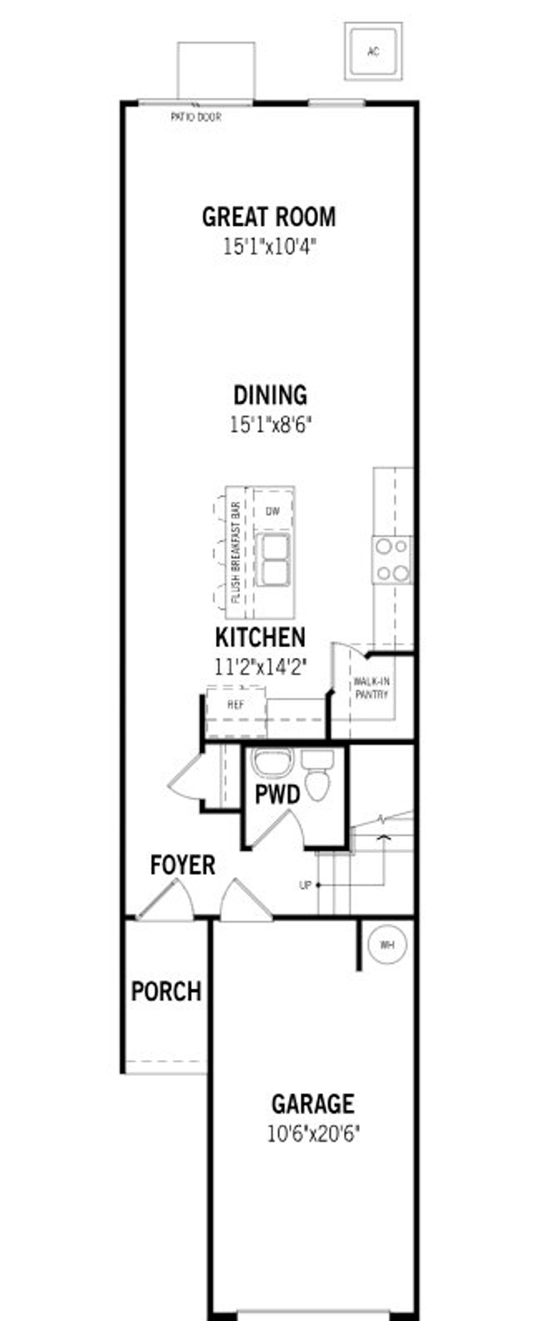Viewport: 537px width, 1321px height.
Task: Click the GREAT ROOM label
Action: click(269, 217)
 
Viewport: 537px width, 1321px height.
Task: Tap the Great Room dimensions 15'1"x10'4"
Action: click(269, 247)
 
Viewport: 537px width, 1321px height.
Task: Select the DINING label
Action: click(270, 395)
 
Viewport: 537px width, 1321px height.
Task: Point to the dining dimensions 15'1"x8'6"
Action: click(270, 424)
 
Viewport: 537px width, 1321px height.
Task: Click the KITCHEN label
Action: click(260, 637)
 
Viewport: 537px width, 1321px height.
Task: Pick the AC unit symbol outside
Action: click(373, 51)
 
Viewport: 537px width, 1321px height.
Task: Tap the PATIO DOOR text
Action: click(196, 117)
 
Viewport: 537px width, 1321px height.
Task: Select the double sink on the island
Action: click(272, 559)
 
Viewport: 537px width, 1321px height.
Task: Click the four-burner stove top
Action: click(392, 559)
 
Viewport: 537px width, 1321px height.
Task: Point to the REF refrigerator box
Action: click(236, 705)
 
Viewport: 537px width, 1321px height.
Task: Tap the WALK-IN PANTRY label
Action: click(372, 688)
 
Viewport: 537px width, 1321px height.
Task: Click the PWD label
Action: click(277, 796)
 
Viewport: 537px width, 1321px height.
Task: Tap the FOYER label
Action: click(182, 865)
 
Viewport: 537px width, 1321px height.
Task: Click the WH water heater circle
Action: click(387, 944)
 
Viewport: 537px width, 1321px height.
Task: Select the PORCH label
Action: click(166, 991)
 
